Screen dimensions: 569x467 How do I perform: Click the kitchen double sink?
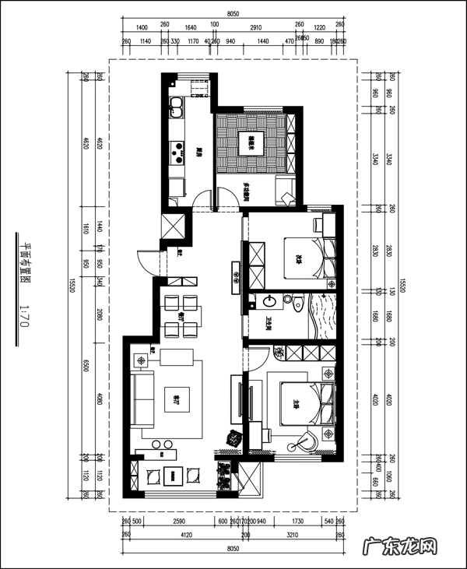tap(176, 105)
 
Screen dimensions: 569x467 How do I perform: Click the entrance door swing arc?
tap(142, 260)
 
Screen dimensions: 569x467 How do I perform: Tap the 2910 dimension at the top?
tap(250, 27)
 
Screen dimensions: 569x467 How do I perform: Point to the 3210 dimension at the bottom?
tap(293, 536)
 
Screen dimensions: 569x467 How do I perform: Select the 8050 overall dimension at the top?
tap(233, 14)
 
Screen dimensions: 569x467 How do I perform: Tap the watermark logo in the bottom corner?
tap(409, 548)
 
